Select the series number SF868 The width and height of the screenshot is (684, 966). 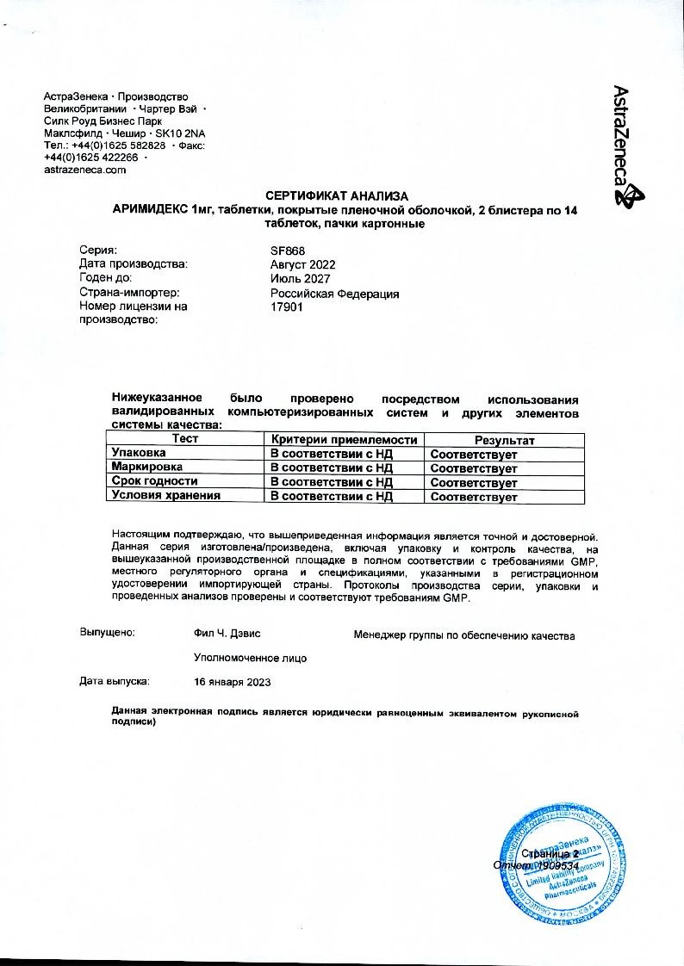click(x=283, y=251)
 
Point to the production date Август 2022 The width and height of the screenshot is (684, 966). click(x=302, y=264)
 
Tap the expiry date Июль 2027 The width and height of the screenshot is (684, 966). click(x=299, y=279)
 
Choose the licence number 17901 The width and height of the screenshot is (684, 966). click(x=286, y=307)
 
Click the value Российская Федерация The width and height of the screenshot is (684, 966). click(x=334, y=294)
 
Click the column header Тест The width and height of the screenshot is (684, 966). click(x=185, y=439)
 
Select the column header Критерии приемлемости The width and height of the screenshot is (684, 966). click(x=344, y=439)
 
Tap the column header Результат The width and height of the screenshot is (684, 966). click(x=504, y=440)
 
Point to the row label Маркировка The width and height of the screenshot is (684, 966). click(x=147, y=468)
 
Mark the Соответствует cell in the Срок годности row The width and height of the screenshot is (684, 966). click(x=474, y=482)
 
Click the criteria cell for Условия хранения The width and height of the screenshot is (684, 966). click(x=332, y=497)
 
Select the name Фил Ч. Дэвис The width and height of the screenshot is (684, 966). click(x=228, y=634)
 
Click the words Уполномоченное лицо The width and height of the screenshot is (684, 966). click(x=251, y=658)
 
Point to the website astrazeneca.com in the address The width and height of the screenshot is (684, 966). click(x=85, y=170)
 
